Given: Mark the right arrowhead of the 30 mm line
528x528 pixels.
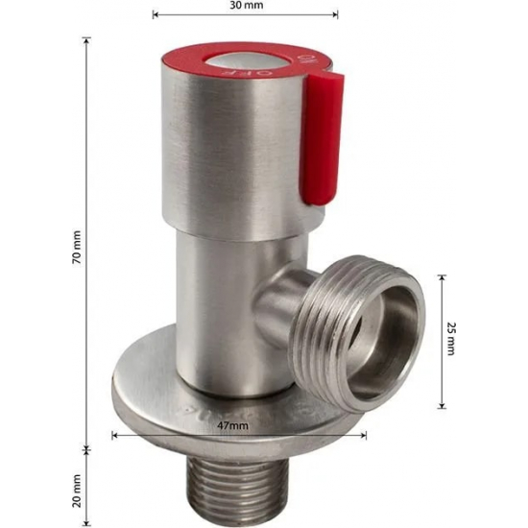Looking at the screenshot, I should pyautogui.click(x=335, y=14).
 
